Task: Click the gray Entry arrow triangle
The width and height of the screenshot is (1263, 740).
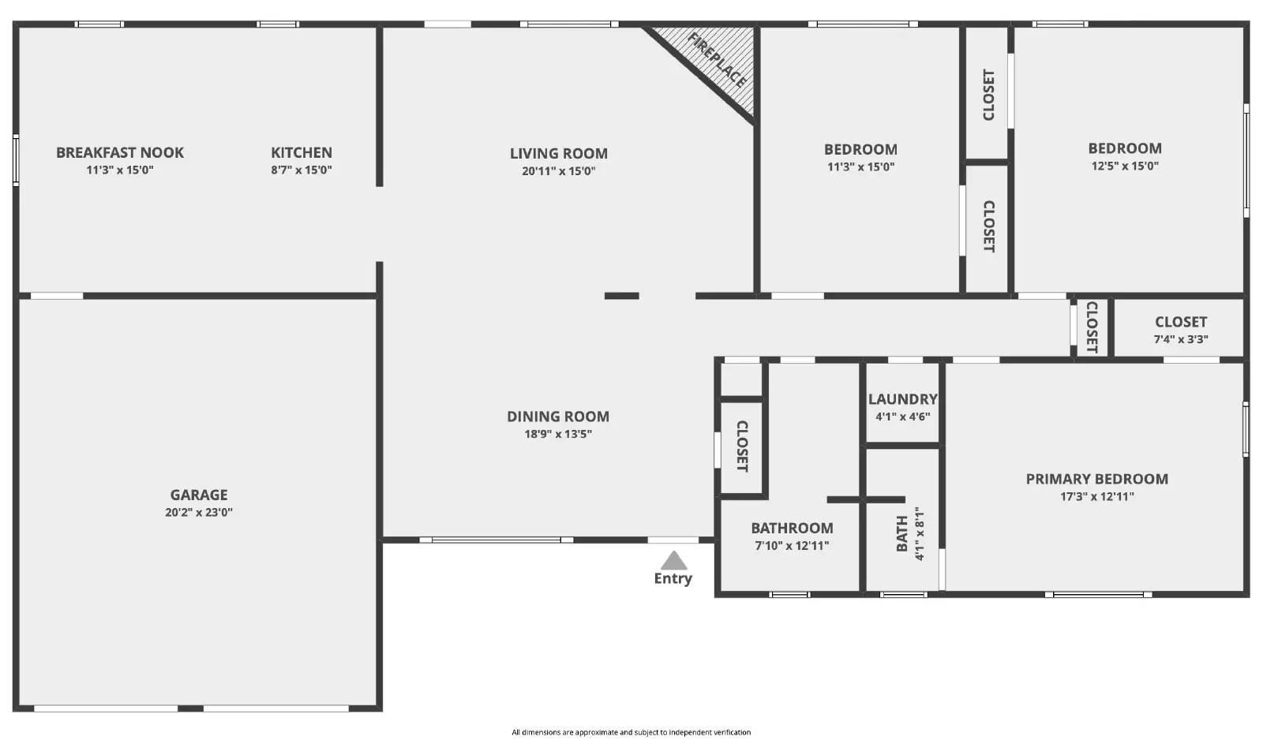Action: pos(674,562)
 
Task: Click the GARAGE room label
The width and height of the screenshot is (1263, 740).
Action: pos(199,495)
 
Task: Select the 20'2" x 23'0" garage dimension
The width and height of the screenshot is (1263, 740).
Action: pos(199,512)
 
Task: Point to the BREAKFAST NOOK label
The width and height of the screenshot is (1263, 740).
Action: pos(120,153)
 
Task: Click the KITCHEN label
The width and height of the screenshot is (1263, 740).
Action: pos(302,153)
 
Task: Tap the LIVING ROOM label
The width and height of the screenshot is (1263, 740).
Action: pos(559,153)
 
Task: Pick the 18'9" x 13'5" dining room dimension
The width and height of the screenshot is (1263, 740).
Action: pos(558,434)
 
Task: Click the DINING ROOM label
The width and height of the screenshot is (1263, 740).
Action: pos(558,417)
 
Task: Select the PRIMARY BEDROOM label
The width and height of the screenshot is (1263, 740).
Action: pos(1097,479)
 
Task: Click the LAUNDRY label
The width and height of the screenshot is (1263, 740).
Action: pos(903,400)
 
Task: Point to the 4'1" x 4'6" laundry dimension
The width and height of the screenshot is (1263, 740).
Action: pos(903,417)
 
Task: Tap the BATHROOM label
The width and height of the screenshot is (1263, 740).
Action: pos(793,528)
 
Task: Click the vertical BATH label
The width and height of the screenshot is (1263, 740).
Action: pos(902,534)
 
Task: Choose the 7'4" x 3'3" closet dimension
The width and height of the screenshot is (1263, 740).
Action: pos(1181,339)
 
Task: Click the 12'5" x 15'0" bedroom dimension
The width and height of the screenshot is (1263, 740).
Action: pos(1126,166)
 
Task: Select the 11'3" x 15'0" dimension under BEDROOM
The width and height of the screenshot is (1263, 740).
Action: pos(861,166)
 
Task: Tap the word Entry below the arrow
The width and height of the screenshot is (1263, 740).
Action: pos(673,578)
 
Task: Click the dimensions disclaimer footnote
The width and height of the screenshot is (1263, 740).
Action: pos(631,732)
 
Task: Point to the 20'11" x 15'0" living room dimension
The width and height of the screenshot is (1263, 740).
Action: pos(559,171)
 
